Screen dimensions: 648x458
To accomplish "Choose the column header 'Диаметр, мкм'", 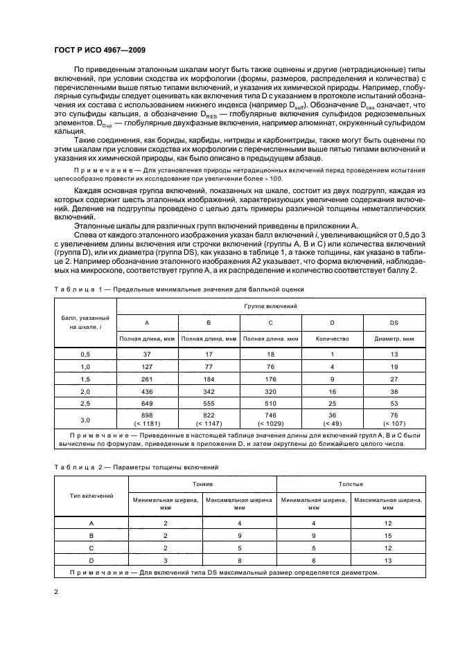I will pos(394,339).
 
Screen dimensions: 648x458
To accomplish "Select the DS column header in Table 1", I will pos(394,323).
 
